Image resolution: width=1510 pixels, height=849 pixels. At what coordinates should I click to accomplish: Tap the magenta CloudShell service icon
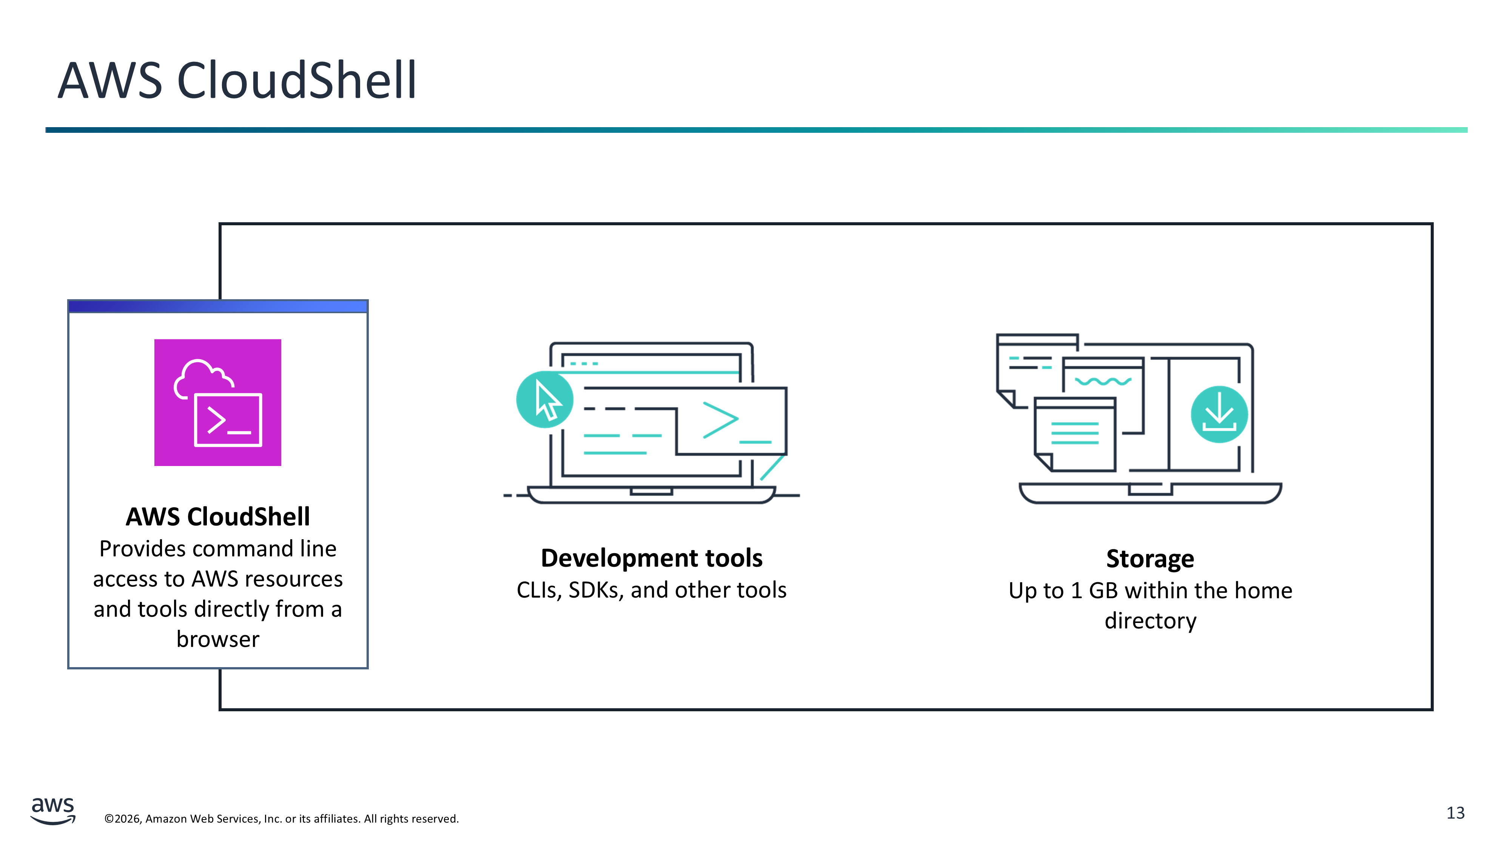pos(217,403)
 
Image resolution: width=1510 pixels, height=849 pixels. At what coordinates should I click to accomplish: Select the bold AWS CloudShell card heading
pos(217,516)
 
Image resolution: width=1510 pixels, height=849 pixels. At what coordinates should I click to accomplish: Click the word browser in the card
pos(217,639)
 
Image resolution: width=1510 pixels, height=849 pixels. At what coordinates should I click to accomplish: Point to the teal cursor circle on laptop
pos(545,400)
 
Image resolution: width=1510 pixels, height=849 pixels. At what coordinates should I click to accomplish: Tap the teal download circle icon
pos(1219,414)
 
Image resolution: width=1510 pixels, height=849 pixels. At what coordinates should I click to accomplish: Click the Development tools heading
pos(651,558)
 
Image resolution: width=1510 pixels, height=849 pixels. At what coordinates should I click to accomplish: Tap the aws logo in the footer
pos(53,811)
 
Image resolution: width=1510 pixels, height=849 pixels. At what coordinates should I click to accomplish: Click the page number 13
pos(1456,813)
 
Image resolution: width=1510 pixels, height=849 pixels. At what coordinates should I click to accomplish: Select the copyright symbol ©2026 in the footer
pos(123,818)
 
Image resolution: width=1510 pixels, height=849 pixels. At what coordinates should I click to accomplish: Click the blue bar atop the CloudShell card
pos(217,306)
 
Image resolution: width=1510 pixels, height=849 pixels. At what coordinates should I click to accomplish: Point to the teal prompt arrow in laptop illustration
pos(720,420)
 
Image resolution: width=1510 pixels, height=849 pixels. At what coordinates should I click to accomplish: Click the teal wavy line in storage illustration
pos(1103,381)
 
